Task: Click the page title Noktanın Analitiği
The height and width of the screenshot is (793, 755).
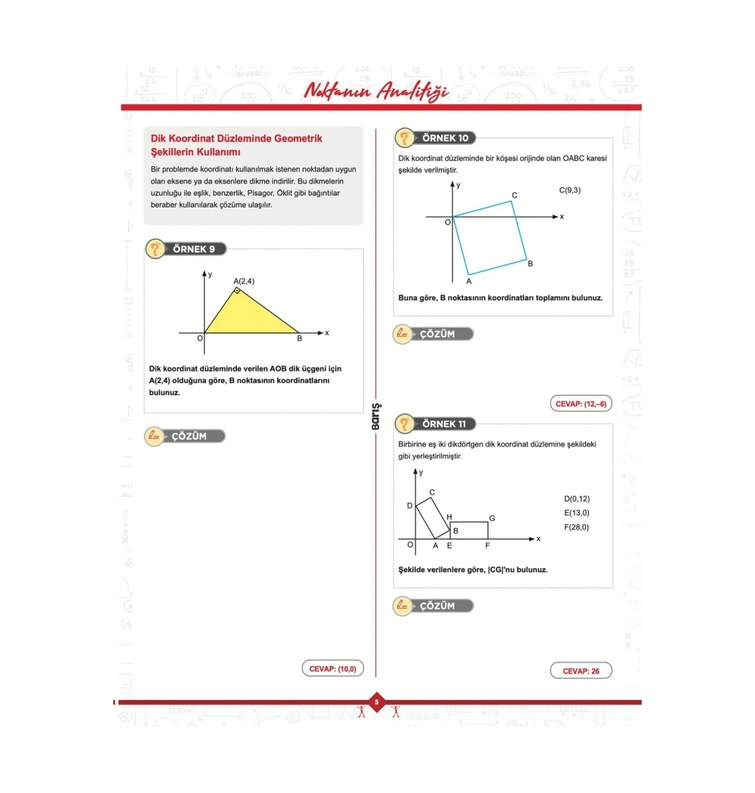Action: (x=375, y=91)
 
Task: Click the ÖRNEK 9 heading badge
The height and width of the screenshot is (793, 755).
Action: (x=186, y=248)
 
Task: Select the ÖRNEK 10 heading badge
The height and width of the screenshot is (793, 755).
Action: (x=436, y=137)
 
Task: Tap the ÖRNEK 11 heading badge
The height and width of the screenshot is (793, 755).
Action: (x=436, y=424)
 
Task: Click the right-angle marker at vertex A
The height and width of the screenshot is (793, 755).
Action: (x=237, y=290)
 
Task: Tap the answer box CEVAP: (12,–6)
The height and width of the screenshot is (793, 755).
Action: (x=581, y=404)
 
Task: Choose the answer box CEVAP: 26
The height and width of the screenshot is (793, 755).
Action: (x=581, y=671)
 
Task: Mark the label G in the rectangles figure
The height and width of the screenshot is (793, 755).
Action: (x=492, y=518)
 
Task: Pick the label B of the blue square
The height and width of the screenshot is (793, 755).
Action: (x=530, y=264)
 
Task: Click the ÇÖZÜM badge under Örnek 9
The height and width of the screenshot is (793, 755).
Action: (x=186, y=436)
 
